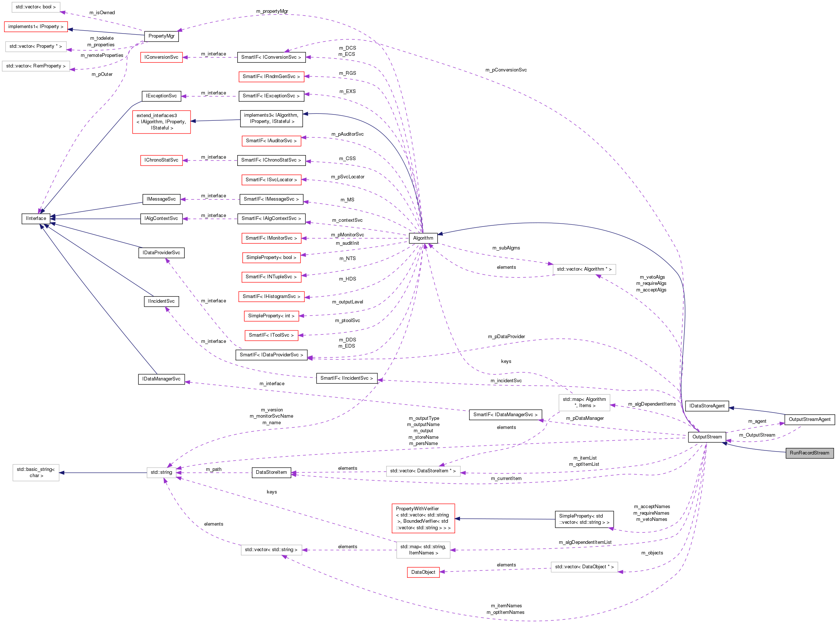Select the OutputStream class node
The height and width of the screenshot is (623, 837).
point(707,437)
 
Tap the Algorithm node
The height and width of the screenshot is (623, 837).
point(423,238)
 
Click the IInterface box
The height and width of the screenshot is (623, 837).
point(36,218)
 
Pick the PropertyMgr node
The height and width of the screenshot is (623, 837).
point(161,36)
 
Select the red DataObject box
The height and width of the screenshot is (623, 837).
point(423,572)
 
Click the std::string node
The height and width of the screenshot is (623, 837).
point(161,472)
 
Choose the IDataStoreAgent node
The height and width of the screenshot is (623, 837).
point(706,406)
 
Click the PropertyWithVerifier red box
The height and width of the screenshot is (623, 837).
point(423,518)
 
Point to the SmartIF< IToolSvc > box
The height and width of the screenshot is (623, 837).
point(271,335)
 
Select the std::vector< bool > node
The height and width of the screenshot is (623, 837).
point(35,7)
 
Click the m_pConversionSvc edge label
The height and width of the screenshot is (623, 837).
point(506,70)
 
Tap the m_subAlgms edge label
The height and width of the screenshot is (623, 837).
point(506,248)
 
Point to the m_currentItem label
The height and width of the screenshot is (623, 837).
point(506,478)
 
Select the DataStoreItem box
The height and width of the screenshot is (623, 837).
point(271,472)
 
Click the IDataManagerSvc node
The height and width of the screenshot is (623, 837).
point(161,379)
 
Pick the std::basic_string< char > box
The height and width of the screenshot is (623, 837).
point(36,472)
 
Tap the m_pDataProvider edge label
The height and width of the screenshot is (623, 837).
point(506,336)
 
